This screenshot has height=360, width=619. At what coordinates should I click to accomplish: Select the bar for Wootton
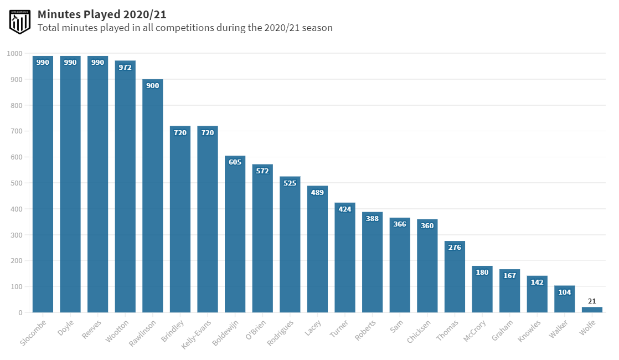(125, 188)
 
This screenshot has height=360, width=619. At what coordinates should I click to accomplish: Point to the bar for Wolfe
(592, 310)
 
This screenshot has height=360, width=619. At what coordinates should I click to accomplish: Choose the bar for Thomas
(455, 277)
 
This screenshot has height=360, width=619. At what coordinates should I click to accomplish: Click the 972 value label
(125, 68)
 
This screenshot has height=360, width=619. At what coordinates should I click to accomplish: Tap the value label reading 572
(262, 171)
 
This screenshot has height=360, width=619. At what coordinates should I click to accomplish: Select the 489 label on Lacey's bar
(317, 193)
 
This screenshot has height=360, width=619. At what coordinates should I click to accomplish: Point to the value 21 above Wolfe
(592, 301)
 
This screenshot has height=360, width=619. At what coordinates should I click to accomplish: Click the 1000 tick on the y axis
(15, 54)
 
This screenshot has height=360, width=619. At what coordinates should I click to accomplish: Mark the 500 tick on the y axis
(17, 183)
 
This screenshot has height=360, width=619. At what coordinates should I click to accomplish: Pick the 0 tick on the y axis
(20, 313)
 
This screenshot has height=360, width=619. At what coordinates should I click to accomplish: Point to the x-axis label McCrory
(474, 331)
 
